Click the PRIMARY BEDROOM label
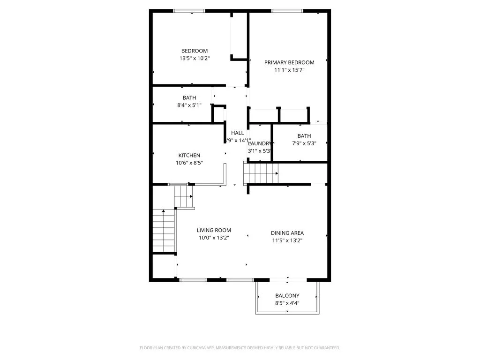pos(289,62)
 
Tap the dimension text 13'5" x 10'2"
pos(194,59)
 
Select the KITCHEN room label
pos(189,155)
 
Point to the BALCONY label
pos(287,295)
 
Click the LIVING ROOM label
pos(214,230)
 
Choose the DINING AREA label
pos(287,233)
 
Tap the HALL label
pos(237,133)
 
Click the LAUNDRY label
pos(259,143)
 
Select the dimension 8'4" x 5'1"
pos(189,105)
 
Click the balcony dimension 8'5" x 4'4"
pos(287,303)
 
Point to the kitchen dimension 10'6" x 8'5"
pos(189,163)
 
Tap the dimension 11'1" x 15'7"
pos(289,70)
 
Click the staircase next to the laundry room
pos(261,173)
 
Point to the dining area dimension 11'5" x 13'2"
pos(287,240)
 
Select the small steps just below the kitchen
pos(183,196)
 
